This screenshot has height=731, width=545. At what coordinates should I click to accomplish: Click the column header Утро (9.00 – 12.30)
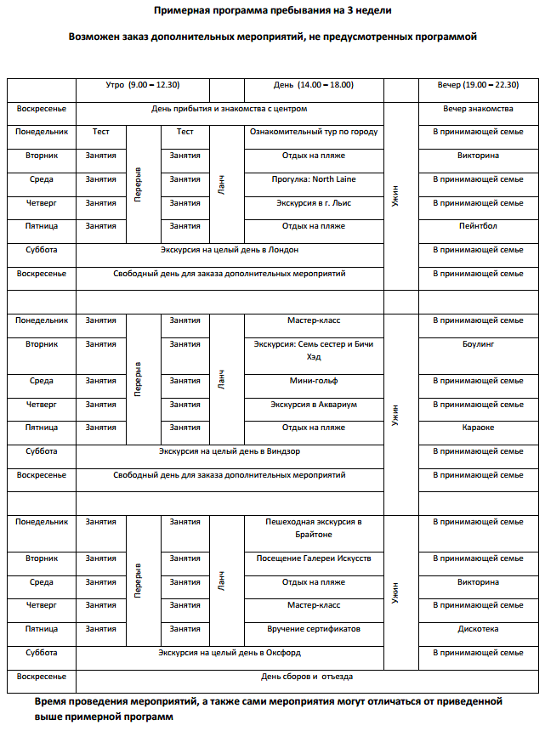pyautogui.click(x=142, y=85)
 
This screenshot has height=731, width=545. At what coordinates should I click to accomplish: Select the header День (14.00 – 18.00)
pyautogui.click(x=314, y=85)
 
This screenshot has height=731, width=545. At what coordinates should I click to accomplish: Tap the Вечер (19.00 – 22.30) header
pyautogui.click(x=478, y=85)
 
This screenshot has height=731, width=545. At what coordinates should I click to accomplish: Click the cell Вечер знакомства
pyautogui.click(x=478, y=109)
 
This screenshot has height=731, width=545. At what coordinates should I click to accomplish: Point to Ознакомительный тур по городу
pyautogui.click(x=314, y=132)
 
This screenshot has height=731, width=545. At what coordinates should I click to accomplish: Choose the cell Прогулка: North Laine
pyautogui.click(x=314, y=179)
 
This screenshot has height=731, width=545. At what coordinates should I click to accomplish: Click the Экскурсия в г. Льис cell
pyautogui.click(x=314, y=203)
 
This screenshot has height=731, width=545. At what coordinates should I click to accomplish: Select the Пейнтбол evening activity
pyautogui.click(x=478, y=226)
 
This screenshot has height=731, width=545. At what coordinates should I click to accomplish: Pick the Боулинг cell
pyautogui.click(x=478, y=344)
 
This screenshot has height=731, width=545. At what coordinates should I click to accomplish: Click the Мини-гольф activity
pyautogui.click(x=314, y=381)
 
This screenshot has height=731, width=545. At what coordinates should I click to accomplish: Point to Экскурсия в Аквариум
pyautogui.click(x=314, y=405)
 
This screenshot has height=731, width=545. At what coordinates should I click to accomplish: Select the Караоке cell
pyautogui.click(x=478, y=428)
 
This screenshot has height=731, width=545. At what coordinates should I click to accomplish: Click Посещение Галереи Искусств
pyautogui.click(x=314, y=558)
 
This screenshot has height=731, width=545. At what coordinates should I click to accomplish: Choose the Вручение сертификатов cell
pyautogui.click(x=314, y=629)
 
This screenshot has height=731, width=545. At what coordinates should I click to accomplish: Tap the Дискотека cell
pyautogui.click(x=478, y=629)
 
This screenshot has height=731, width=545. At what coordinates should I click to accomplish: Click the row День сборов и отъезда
pyautogui.click(x=307, y=677)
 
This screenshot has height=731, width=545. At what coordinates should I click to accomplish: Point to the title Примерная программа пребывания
pyautogui.click(x=272, y=11)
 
